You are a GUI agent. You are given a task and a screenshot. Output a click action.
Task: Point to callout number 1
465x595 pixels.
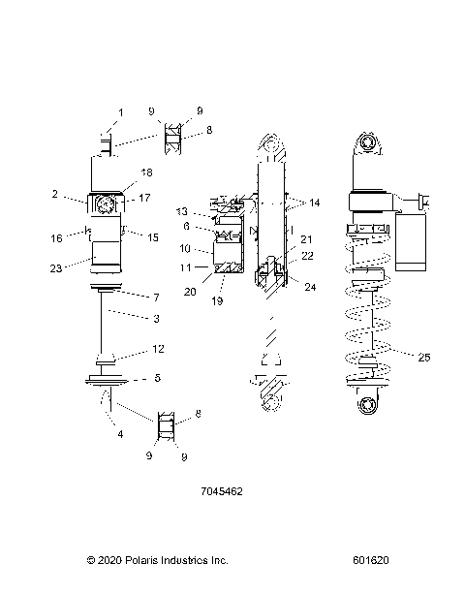pyautogui.click(x=121, y=113)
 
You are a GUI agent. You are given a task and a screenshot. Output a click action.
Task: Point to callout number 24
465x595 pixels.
pyautogui.click(x=309, y=287)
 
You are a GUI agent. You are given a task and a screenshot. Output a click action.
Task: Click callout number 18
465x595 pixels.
pyautogui.click(x=147, y=172)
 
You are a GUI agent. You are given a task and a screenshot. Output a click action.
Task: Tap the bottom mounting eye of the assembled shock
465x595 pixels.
pyautogui.click(x=368, y=404)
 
